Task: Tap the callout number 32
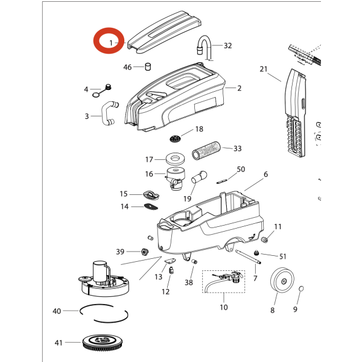227,46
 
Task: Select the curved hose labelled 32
205,47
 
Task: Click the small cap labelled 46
147,66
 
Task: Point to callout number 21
263,69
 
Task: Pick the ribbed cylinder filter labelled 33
207,149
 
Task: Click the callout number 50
241,170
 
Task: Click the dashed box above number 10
223,281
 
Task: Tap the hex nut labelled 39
145,251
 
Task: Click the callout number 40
57,311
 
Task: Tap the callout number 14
124,206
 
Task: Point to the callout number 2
239,88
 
